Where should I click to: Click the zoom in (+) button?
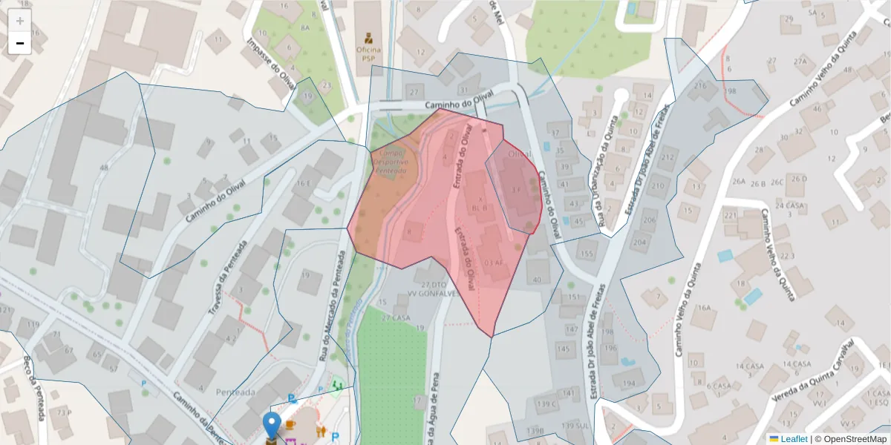pyautogui.click(x=19, y=21)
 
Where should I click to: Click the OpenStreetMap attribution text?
pyautogui.click(x=854, y=438)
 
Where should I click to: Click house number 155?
pyautogui.click(x=587, y=254)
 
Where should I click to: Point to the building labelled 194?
pyautogui.click(x=630, y=383)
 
